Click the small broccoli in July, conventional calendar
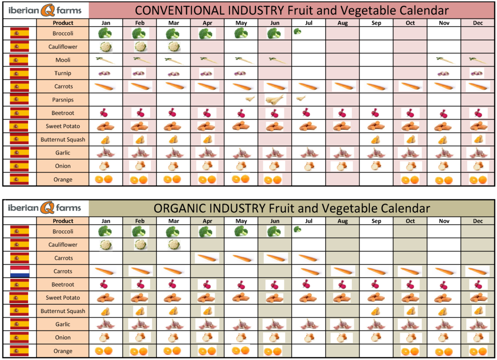(298, 32)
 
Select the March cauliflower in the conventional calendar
(174, 47)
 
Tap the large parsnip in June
(275, 99)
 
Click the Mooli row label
(63, 60)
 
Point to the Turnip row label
(63, 73)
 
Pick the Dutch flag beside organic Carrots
(19, 271)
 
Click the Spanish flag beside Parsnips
(19, 100)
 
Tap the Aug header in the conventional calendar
(343, 23)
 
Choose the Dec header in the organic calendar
(478, 221)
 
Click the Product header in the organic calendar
(63, 221)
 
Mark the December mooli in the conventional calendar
(478, 60)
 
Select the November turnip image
(443, 73)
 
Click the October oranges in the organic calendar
(410, 351)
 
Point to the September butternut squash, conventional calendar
(376, 139)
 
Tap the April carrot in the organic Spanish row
(207, 258)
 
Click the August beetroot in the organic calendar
(342, 285)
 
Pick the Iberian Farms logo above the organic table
(44, 208)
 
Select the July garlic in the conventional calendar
(308, 153)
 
